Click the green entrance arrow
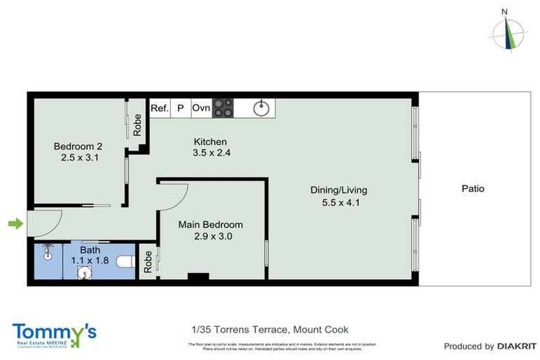point(15,224)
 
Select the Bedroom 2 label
point(78,146)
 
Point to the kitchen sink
point(262,108)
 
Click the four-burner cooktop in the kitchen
point(223,108)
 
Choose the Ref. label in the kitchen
point(160,108)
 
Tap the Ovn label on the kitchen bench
point(201,108)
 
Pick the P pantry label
point(180,108)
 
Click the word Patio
point(472,188)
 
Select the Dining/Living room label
point(339,190)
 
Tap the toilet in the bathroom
point(124,261)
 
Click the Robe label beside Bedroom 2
point(137,125)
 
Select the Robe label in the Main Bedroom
point(148,262)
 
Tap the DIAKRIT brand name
point(517,346)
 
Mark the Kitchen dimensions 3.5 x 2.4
point(211,153)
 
